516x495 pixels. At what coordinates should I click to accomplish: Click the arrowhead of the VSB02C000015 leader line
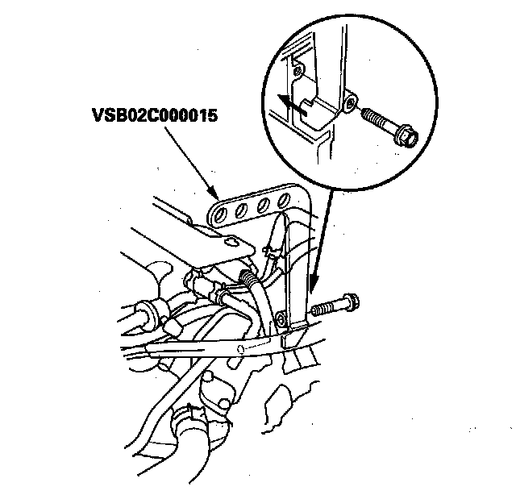215,196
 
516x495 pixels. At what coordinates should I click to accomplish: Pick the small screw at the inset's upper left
298,71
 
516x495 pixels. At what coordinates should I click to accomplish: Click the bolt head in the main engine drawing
352,306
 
